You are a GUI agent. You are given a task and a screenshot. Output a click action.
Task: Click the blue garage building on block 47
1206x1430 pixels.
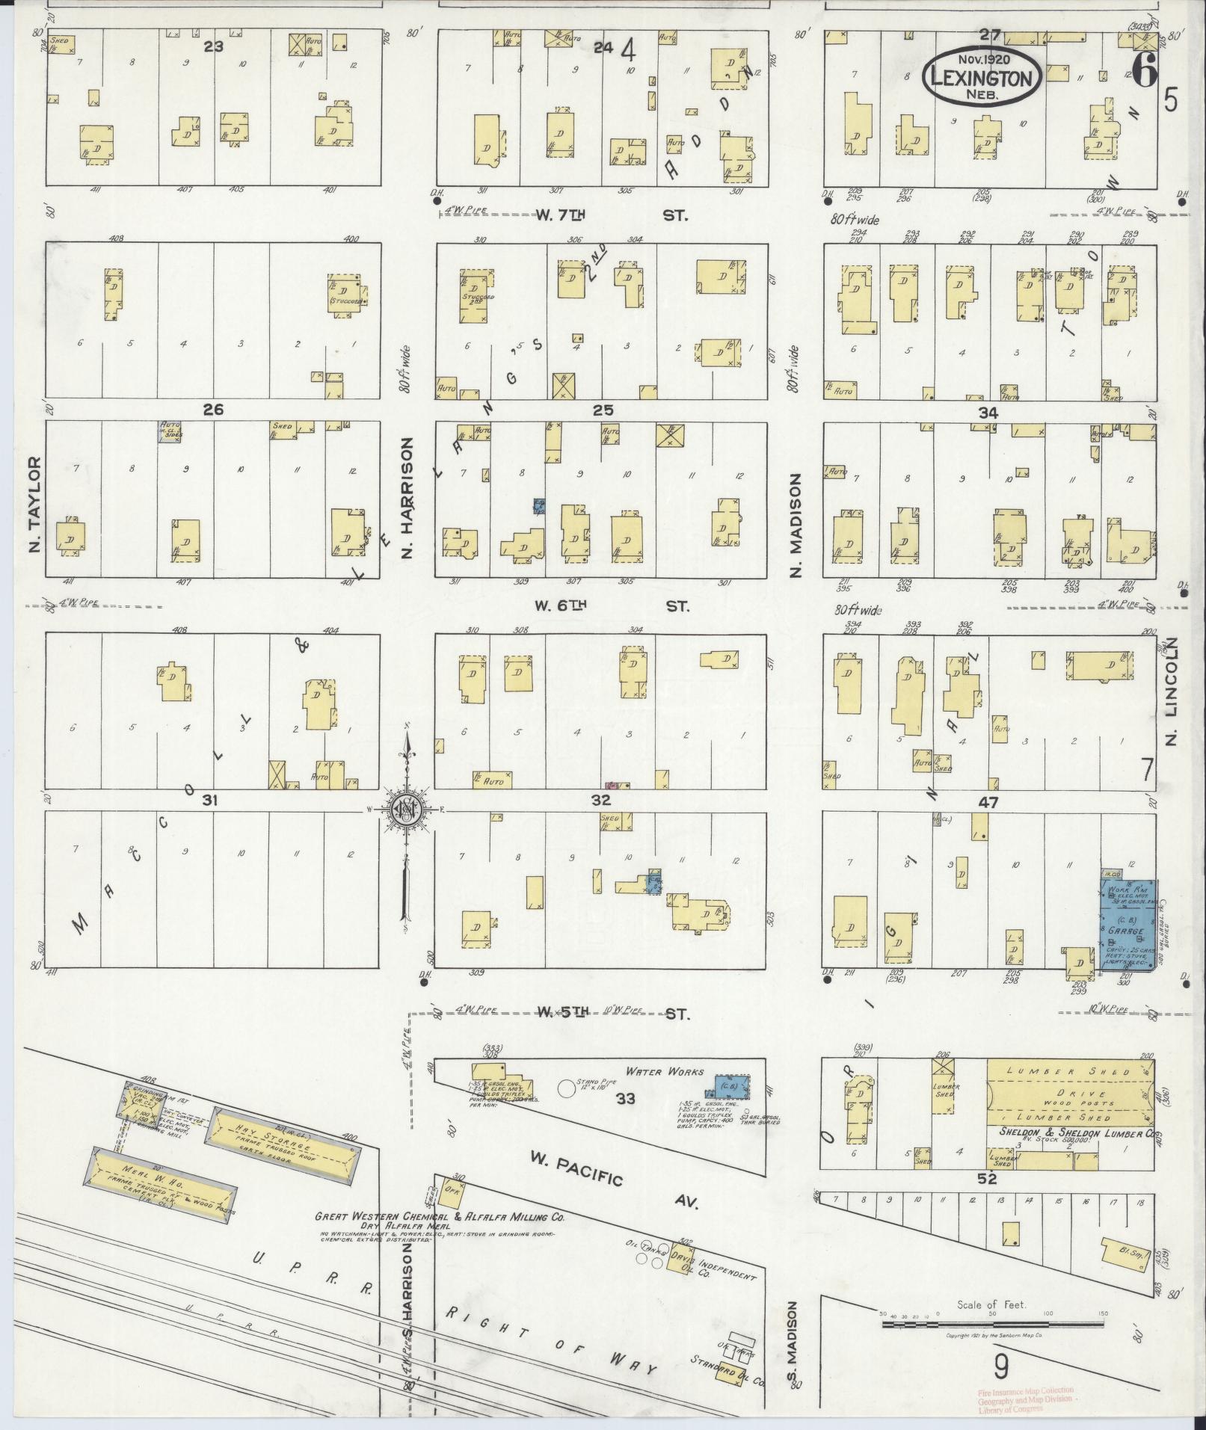click(x=1128, y=923)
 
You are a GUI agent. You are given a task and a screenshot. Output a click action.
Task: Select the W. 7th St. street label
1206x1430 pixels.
click(x=612, y=215)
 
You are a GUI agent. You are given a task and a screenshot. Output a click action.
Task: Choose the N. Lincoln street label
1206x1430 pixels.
click(x=1171, y=691)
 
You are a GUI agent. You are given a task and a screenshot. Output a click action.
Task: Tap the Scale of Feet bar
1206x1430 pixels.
click(x=991, y=1325)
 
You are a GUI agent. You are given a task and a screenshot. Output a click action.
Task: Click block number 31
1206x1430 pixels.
click(x=210, y=801)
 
